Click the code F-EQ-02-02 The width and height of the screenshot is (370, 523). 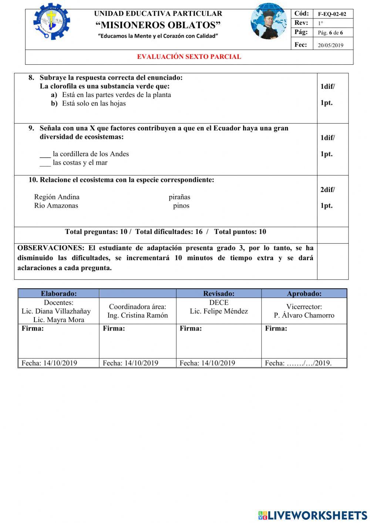332,14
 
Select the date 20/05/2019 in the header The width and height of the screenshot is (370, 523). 330,45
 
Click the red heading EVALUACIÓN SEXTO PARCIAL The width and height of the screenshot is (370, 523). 189,57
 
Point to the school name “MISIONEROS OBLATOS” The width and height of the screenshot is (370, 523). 158,25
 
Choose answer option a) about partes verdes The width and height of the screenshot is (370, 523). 116,95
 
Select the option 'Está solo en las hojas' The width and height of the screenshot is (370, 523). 94,103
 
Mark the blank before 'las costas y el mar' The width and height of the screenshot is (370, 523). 45,163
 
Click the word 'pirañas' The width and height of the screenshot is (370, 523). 179,197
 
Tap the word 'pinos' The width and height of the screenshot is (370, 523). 181,205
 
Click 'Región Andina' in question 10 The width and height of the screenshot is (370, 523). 57,197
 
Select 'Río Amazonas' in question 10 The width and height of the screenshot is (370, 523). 56,205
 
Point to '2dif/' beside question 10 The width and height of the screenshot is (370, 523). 327,190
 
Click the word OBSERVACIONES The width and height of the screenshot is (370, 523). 51,248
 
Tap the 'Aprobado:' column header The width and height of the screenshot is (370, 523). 304,294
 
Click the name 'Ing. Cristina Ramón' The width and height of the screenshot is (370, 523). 138,315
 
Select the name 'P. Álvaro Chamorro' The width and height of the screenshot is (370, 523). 304,315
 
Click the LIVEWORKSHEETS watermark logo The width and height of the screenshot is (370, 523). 313,515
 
